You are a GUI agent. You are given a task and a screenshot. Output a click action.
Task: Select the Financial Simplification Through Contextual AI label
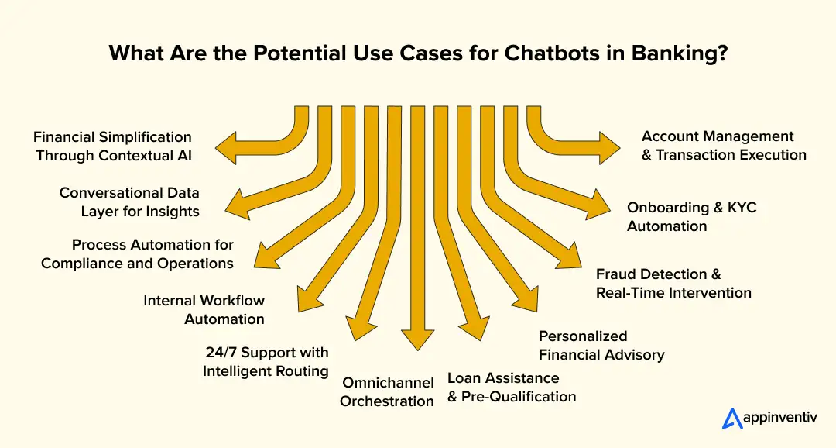113,146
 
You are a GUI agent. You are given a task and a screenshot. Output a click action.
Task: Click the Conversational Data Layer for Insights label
129,202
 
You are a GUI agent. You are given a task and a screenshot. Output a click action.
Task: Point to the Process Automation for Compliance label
137,254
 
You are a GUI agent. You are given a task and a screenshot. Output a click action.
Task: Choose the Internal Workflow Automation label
204,309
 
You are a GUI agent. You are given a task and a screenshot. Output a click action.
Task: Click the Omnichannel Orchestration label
387,391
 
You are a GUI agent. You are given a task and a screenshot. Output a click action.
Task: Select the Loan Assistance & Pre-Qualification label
512,388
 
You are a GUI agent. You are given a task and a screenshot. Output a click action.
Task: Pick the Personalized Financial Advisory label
601,346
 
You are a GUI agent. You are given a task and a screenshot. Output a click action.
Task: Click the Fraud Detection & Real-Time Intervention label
673,284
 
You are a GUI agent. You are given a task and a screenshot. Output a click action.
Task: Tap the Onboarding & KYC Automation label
691,217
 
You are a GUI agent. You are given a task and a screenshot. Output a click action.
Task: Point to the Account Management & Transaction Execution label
724,146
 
